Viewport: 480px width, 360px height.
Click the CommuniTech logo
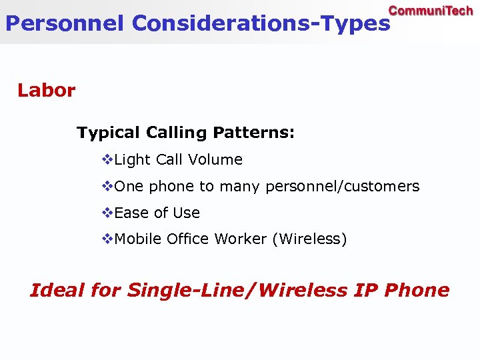coord(431,11)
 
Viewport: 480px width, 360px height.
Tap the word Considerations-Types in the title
coord(261,23)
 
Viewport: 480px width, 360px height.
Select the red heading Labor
coord(46,90)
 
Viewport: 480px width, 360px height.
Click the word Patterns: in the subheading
coord(253,133)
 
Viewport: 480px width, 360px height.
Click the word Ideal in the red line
coord(57,291)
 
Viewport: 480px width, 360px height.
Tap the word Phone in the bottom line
coord(417,291)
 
